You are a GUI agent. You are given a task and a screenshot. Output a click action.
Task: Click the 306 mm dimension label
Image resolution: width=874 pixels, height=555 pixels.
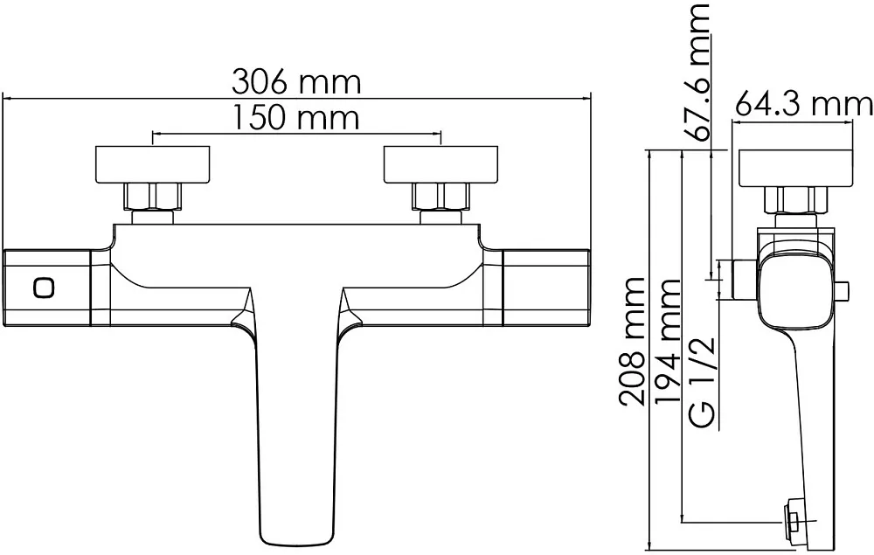[296, 82]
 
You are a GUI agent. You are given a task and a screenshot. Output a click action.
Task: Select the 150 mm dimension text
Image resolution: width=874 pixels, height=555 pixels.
[295, 118]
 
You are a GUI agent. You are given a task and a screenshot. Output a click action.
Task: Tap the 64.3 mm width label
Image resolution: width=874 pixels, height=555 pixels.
[803, 104]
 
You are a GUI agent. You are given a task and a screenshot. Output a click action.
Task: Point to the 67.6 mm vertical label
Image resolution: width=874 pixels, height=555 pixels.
[697, 72]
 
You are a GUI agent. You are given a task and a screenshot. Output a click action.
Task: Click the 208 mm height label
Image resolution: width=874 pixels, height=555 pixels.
[632, 341]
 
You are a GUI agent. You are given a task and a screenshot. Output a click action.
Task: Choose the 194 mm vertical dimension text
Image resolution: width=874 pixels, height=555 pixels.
[669, 342]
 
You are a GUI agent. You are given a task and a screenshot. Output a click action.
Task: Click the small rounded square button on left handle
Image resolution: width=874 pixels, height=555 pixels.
[44, 288]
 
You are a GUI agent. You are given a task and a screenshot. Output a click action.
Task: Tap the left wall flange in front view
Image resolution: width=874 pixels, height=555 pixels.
[153, 164]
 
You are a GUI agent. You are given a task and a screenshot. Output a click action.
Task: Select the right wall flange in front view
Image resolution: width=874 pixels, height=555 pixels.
[440, 164]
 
